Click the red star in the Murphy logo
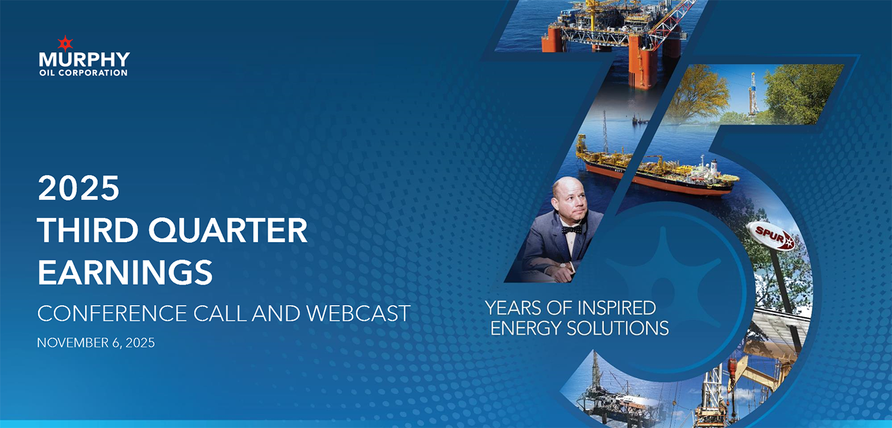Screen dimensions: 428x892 coord(65,43)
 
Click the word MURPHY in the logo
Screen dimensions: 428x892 coord(84,60)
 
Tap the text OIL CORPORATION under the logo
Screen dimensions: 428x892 coord(83,73)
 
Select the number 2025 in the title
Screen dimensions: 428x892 coord(78,189)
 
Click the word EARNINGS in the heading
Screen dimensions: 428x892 coord(125,272)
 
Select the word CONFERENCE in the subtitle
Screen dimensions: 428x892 coord(104,313)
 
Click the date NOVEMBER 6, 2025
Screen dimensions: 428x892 coord(96,343)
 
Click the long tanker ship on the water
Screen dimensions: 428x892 coord(656,169)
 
